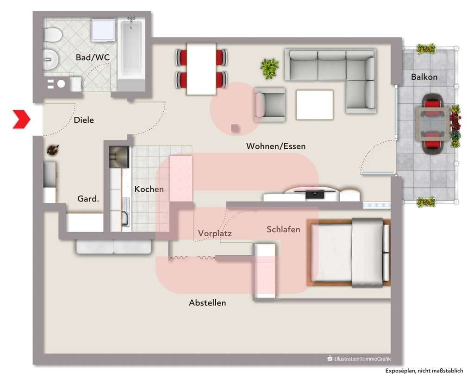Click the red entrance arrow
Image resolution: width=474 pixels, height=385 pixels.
[21, 119]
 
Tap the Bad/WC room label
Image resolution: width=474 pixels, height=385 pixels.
[93, 57]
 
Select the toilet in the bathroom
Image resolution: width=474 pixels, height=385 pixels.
[53, 35]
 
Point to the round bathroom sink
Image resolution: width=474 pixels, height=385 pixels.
[50, 59]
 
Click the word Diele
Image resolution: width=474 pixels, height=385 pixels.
[84, 120]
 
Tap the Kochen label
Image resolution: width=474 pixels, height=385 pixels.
[149, 189]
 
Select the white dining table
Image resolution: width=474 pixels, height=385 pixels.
[201, 69]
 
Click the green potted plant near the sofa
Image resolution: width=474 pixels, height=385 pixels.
[270, 69]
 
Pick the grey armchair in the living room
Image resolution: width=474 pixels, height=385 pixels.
[270, 105]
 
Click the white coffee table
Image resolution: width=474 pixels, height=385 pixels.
[314, 105]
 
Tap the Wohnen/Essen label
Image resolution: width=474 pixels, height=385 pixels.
[276, 146]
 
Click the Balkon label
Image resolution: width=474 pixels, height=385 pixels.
[424, 77]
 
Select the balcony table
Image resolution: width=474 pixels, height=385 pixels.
[432, 124]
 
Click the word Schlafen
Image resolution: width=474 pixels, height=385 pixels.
[283, 229]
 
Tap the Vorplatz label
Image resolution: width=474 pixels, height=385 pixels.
[215, 234]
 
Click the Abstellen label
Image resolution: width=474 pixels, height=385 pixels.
[207, 303]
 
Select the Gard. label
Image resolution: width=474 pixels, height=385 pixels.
[88, 199]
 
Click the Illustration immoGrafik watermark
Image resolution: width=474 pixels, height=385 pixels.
[359, 359]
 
